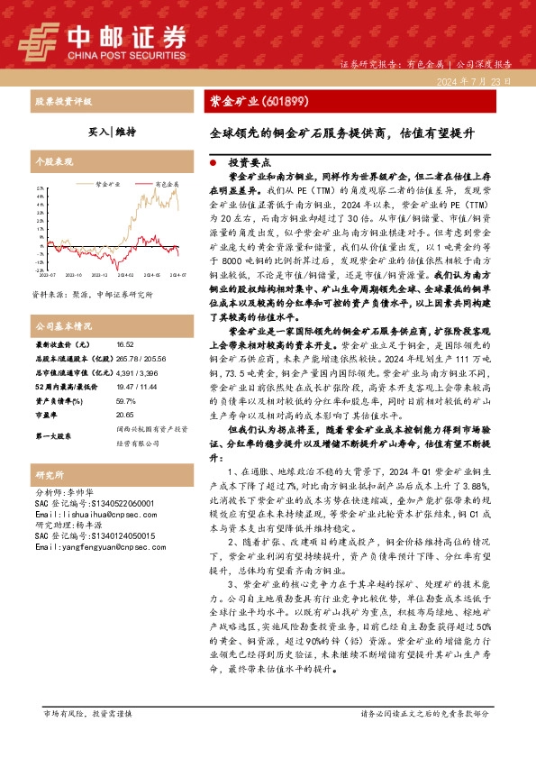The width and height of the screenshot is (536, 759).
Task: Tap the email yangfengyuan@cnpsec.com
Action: [94, 547]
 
